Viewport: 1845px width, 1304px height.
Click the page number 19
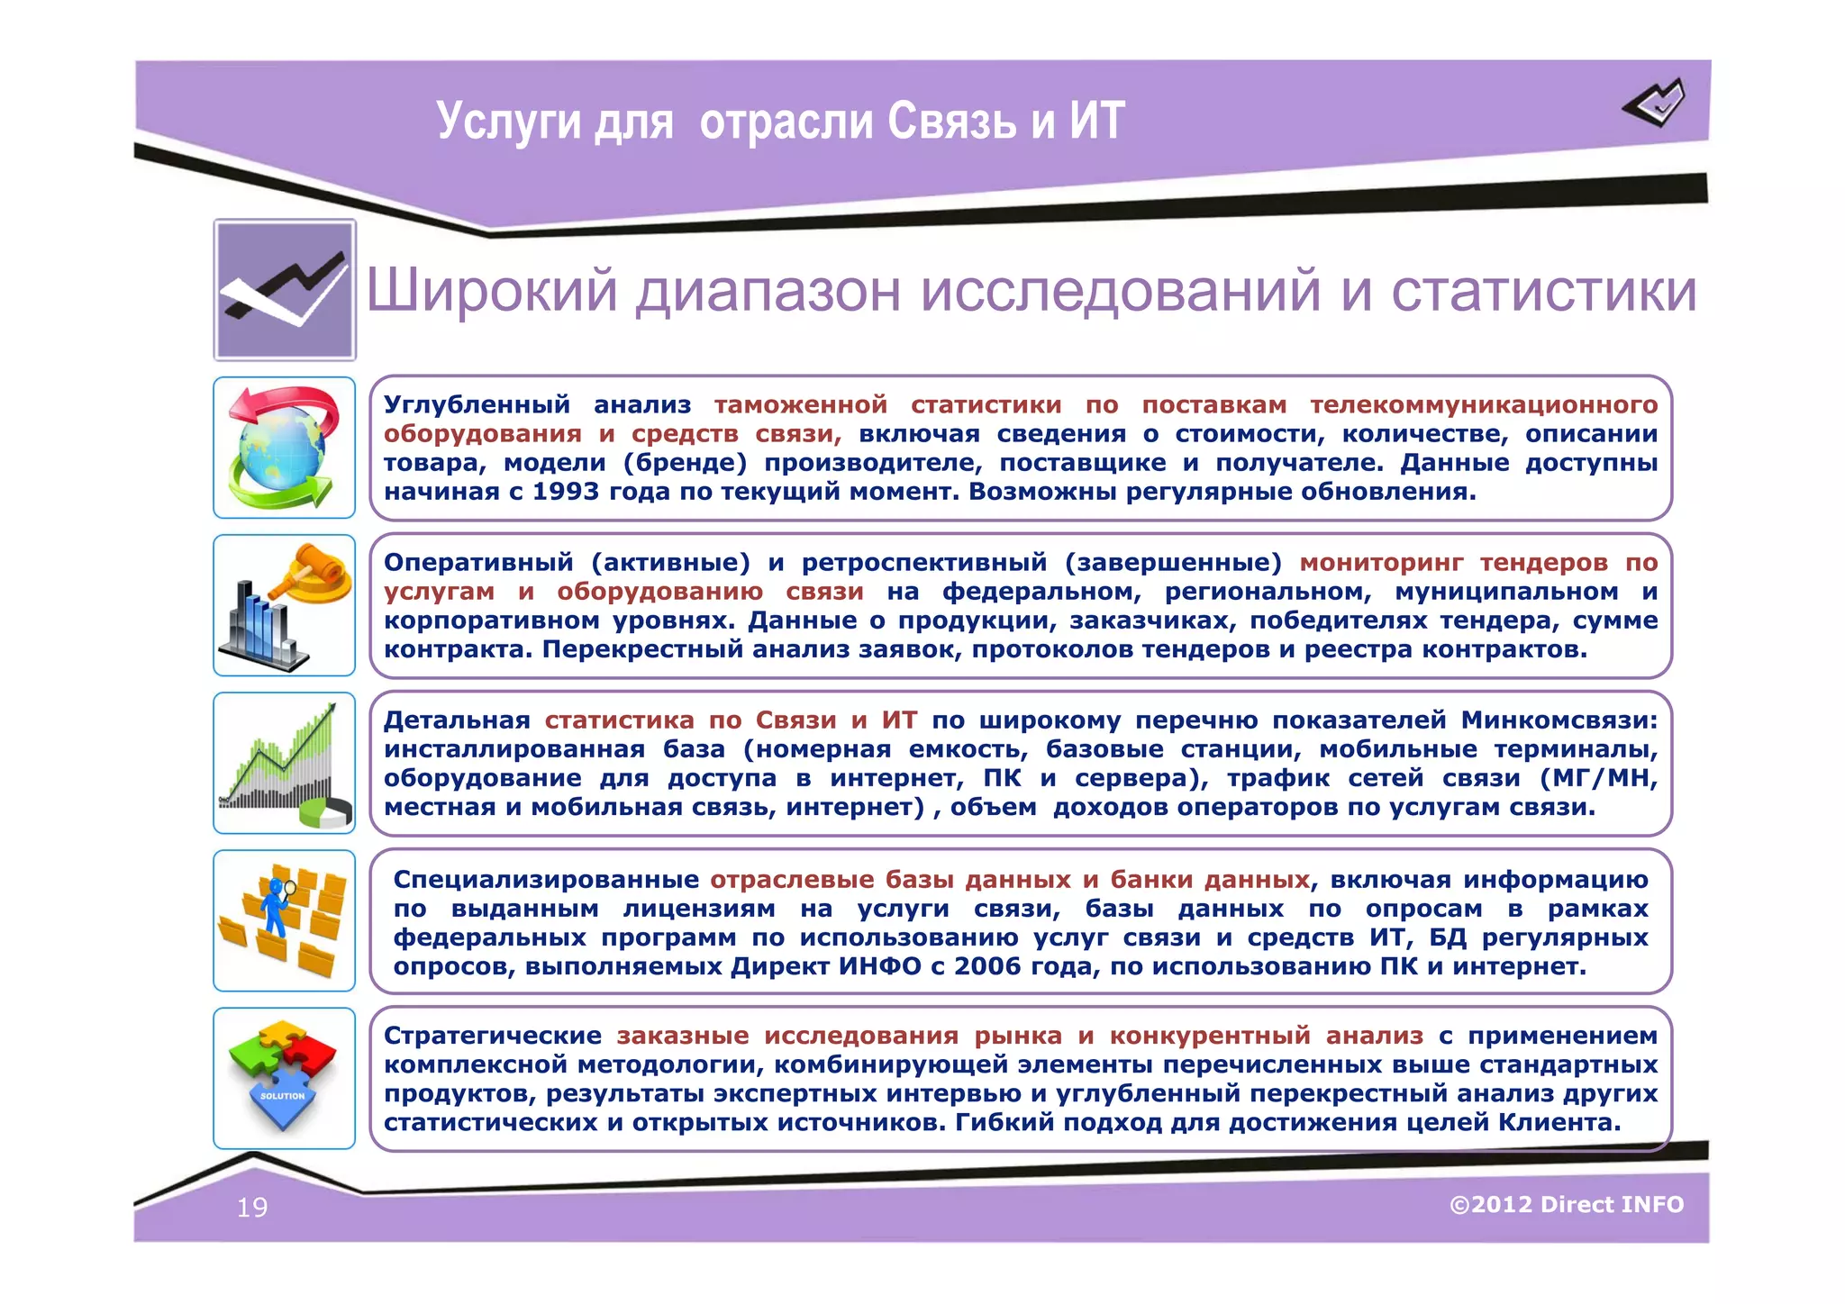[x=252, y=1208]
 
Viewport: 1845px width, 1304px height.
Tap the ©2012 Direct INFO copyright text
[x=1567, y=1205]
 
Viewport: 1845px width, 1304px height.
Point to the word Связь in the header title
[x=951, y=121]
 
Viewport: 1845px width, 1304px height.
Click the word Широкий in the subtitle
[x=492, y=291]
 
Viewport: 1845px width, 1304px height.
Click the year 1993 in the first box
[x=567, y=492]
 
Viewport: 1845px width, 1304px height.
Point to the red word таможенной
[x=801, y=405]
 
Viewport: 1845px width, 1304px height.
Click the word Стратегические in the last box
[x=492, y=1036]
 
